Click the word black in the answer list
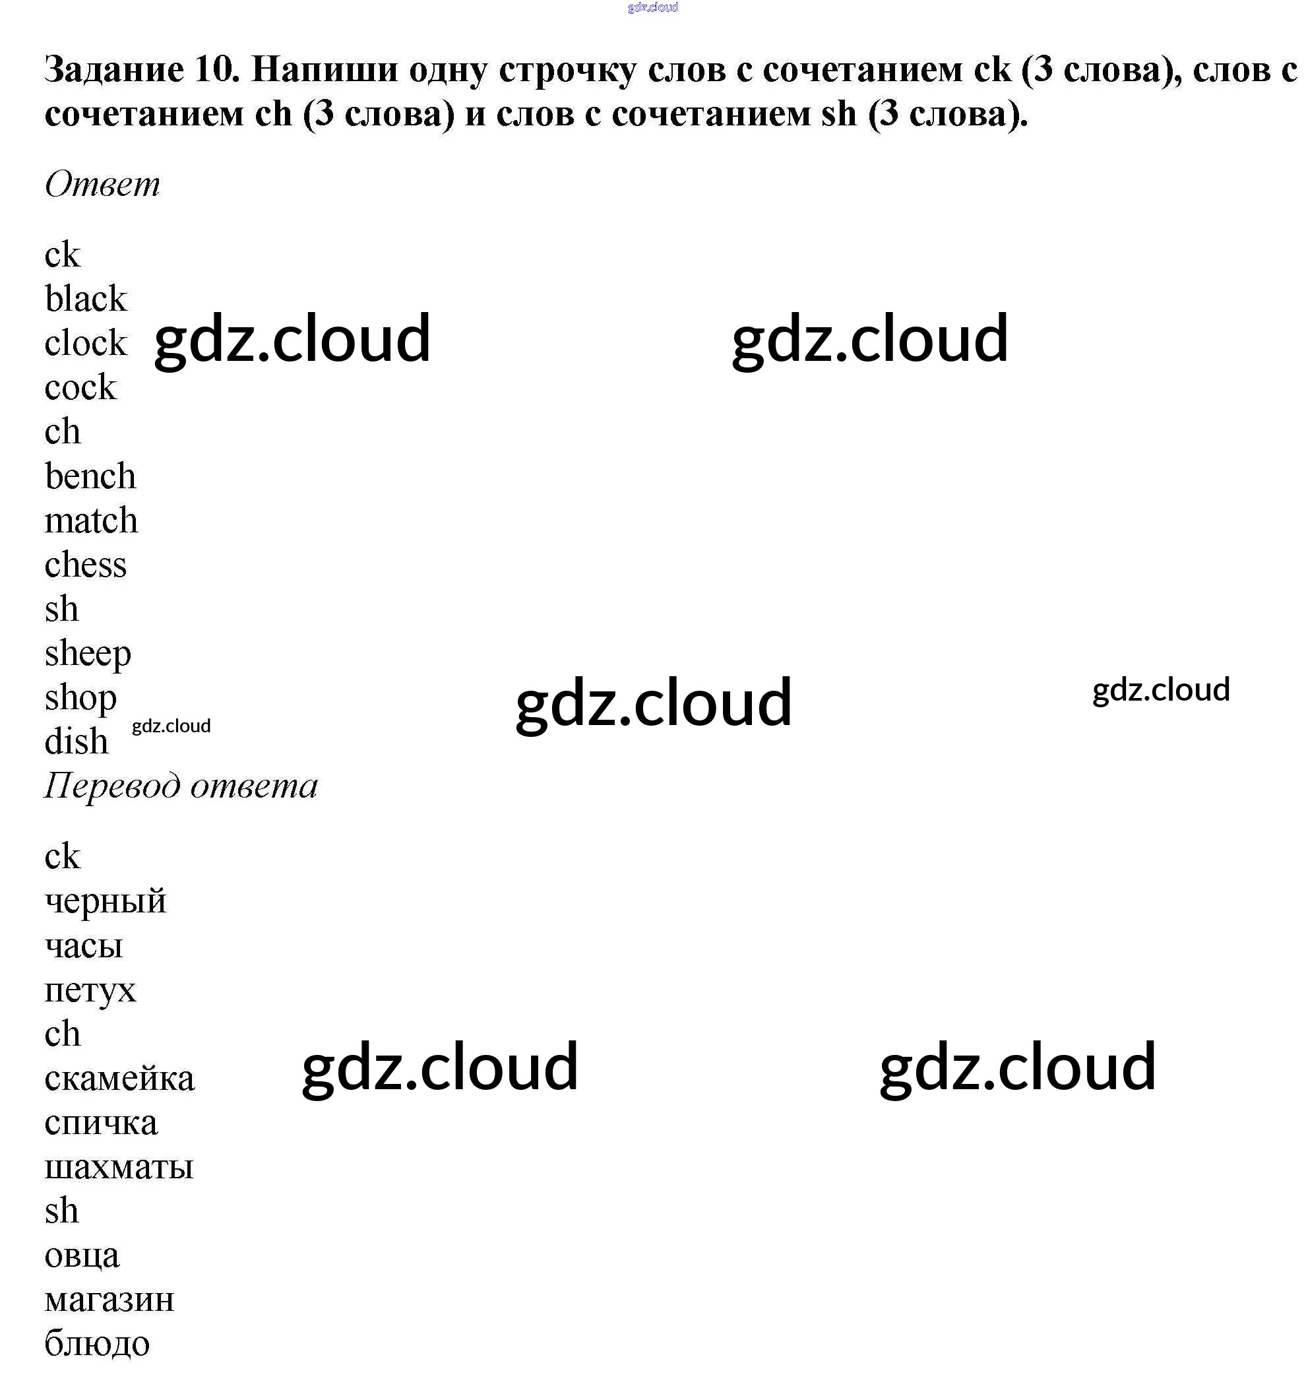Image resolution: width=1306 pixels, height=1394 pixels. pyautogui.click(x=86, y=299)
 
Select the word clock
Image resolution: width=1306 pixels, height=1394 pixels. pyautogui.click(x=86, y=343)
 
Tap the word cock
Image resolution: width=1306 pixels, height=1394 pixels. pyautogui.click(x=80, y=387)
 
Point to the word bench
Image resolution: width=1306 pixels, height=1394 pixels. pyautogui.click(x=90, y=476)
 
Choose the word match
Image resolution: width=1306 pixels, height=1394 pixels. pyautogui.click(x=91, y=521)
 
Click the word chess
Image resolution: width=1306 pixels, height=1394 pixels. pyautogui.click(x=86, y=565)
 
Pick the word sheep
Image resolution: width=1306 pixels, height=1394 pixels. pyautogui.click(x=88, y=654)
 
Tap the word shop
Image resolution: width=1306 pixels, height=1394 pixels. pyautogui.click(x=80, y=699)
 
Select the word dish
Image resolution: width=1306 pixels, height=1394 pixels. pyautogui.click(x=77, y=742)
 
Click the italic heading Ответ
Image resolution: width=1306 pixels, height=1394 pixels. pyautogui.click(x=102, y=185)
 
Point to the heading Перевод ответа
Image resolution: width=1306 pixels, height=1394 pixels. pyautogui.click(x=181, y=786)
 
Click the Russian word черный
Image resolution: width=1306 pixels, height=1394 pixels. pyautogui.click(x=105, y=901)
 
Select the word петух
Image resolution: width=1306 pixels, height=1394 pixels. pyautogui.click(x=90, y=990)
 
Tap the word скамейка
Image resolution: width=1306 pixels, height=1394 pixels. pyautogui.click(x=119, y=1079)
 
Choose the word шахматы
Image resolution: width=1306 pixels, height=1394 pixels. pyautogui.click(x=119, y=1167)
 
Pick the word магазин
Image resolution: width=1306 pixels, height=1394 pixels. pyautogui.click(x=109, y=1300)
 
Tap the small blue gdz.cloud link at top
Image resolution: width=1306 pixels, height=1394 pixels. pyautogui.click(x=652, y=8)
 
